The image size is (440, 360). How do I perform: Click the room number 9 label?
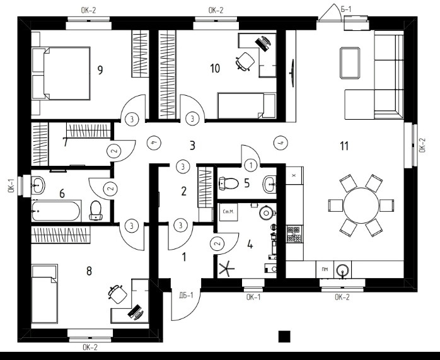(x=101, y=69)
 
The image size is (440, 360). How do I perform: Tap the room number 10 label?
(x=215, y=68)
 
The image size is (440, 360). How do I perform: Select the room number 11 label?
(x=344, y=146)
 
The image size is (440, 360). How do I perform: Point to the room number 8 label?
(x=89, y=270)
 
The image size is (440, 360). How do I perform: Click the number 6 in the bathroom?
(x=62, y=194)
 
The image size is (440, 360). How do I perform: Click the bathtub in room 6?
(x=57, y=210)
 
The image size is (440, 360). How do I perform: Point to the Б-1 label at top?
(x=346, y=8)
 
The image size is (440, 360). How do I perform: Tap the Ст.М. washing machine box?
(x=228, y=212)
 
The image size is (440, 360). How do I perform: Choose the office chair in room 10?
(x=243, y=61)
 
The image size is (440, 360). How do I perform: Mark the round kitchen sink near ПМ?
(x=343, y=270)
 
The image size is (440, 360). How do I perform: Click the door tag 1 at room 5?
(x=251, y=165)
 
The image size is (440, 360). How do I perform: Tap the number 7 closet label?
(x=65, y=142)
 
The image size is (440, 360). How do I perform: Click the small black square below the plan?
(x=284, y=336)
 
